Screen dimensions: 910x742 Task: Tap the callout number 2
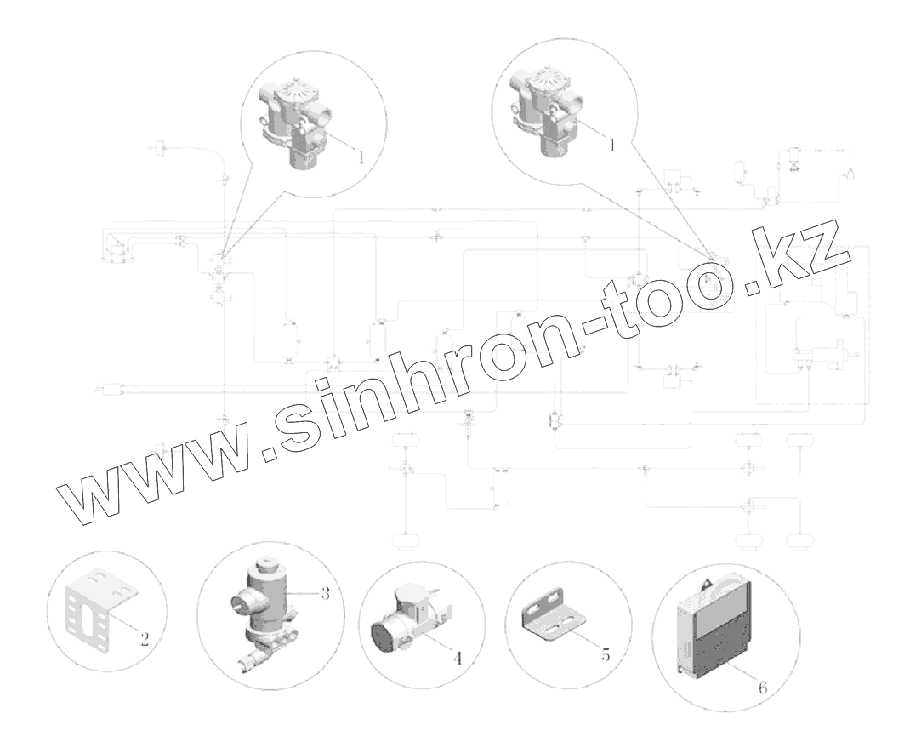tap(145, 639)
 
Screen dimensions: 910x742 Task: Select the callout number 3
tap(325, 593)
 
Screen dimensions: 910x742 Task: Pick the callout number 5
tap(606, 656)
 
